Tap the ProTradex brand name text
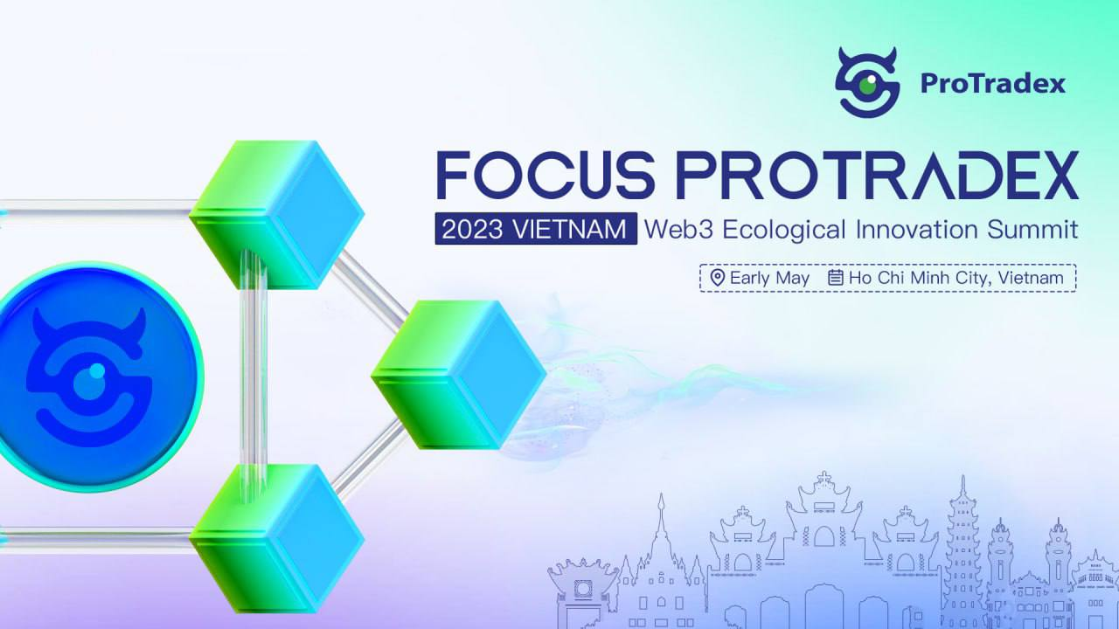993,83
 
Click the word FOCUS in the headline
545,175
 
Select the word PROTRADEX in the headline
877,175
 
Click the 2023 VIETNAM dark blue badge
536,229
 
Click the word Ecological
784,230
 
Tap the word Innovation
917,229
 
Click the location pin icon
718,278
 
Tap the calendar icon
836,278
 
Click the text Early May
770,278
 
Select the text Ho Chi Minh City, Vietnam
956,278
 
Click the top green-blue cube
277,215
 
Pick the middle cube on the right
459,375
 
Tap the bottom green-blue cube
277,539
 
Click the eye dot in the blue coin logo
97,370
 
